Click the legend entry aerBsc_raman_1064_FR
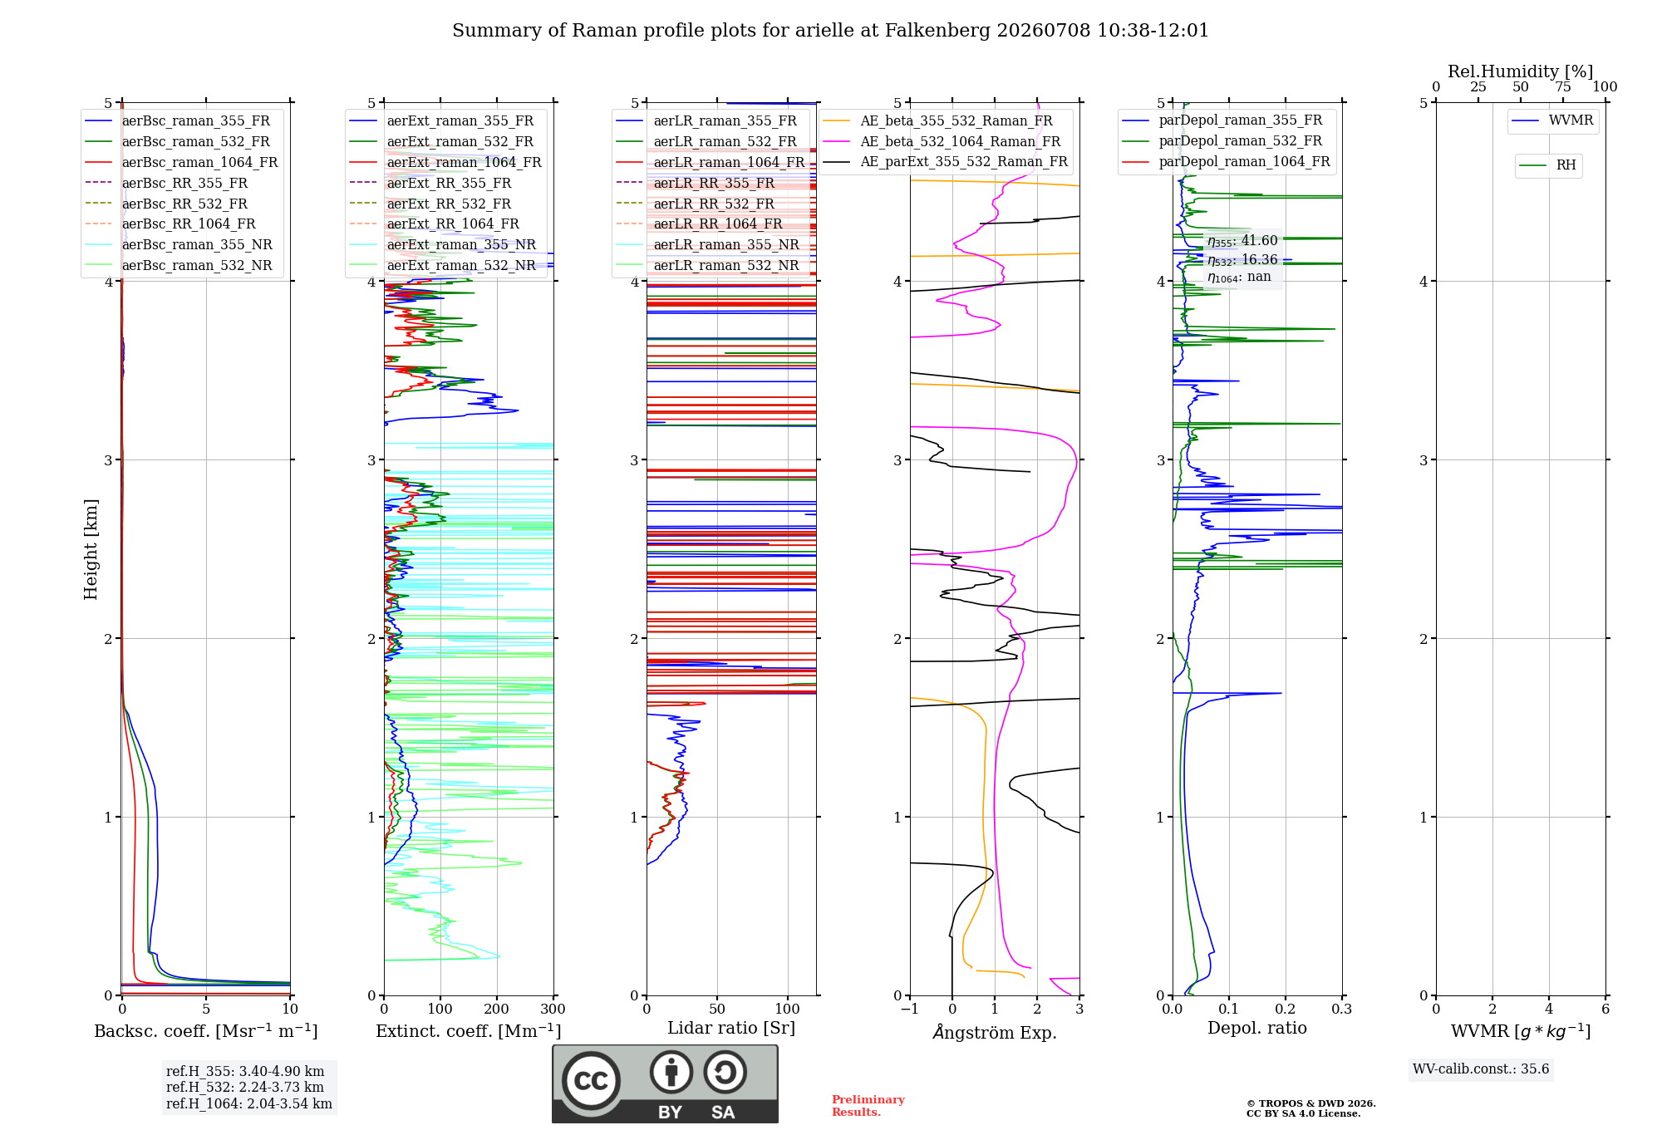point(181,162)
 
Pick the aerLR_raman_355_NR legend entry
point(708,244)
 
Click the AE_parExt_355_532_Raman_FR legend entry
point(946,161)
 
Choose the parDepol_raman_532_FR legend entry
point(1222,140)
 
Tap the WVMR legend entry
point(1553,120)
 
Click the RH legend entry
point(1548,165)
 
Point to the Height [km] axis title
point(91,549)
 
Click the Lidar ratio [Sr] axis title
point(731,1028)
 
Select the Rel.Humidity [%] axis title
point(1521,71)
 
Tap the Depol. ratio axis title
point(1257,1028)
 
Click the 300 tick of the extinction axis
point(553,1009)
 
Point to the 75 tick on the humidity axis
point(1563,86)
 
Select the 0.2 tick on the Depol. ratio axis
point(1286,1009)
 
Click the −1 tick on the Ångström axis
point(909,1009)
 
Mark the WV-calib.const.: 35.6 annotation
point(1481,1069)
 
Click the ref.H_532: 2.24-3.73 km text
point(245,1087)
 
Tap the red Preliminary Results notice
point(868,1106)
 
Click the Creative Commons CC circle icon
point(591,1080)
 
